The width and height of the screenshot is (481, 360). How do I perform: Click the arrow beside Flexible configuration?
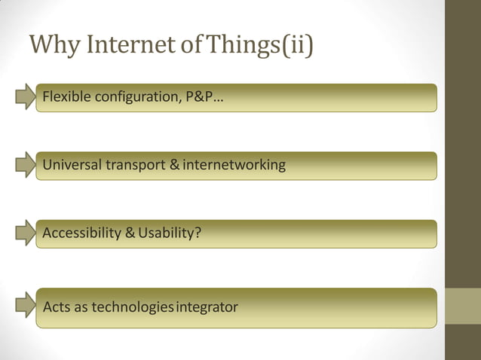pyautogui.click(x=26, y=97)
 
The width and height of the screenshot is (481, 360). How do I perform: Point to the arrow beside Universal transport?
pyautogui.click(x=26, y=165)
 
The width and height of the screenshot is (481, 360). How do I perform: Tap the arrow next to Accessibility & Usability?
pyautogui.click(x=26, y=233)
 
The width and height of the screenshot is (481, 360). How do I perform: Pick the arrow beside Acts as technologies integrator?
pyautogui.click(x=26, y=307)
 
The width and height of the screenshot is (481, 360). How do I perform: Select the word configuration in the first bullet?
pyautogui.click(x=135, y=99)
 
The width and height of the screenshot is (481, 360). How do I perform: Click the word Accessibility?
pyautogui.click(x=81, y=233)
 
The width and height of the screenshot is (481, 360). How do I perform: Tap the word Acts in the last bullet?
pyautogui.click(x=55, y=307)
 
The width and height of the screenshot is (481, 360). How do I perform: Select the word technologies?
pyautogui.click(x=129, y=307)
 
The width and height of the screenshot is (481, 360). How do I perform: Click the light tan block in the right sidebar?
pyautogui.click(x=463, y=305)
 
